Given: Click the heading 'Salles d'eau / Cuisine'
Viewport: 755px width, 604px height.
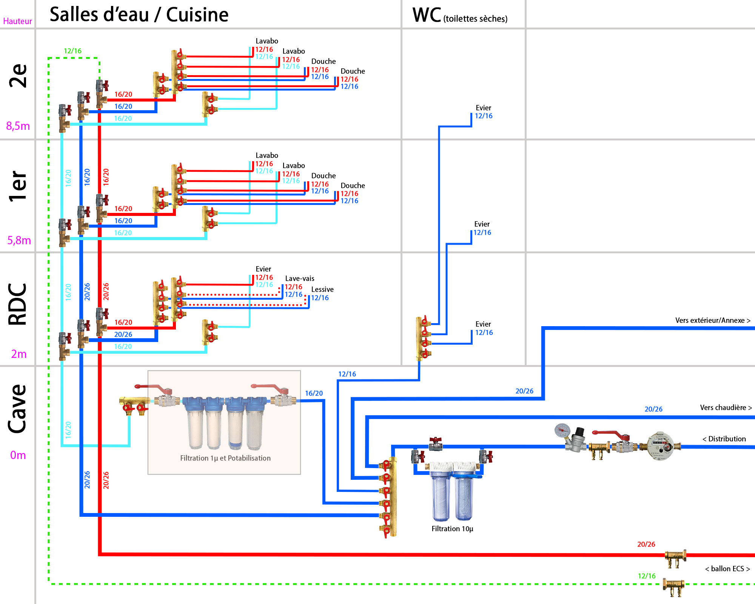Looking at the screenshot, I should point(139,15).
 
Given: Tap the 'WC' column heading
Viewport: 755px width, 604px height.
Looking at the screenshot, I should point(427,15).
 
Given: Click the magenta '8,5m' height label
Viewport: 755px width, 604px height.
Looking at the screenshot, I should point(18,126).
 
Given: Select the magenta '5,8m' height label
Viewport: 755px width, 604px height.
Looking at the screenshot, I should point(19,240).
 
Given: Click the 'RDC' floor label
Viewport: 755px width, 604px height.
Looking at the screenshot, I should point(17,304).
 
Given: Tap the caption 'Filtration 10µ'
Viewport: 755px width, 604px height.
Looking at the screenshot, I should point(452,529).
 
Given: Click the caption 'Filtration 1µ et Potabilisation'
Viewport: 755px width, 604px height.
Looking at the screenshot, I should point(225,458).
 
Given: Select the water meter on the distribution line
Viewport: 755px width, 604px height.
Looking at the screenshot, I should point(660,446).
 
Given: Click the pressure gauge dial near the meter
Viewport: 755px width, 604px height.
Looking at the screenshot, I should point(562,430).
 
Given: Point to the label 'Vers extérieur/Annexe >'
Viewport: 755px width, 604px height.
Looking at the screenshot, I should point(713,320).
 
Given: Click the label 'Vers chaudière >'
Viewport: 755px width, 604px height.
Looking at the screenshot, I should point(726,408).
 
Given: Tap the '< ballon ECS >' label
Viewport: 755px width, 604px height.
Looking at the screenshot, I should point(727,569).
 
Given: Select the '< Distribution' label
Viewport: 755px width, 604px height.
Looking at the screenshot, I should point(724,439).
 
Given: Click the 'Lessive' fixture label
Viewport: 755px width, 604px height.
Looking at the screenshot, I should point(322,290).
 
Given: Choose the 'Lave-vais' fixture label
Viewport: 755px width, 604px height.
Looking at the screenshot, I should point(300,279).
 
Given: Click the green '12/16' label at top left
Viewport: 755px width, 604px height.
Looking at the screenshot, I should point(72,51).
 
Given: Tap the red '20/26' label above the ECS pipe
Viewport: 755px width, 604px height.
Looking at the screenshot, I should point(646,544).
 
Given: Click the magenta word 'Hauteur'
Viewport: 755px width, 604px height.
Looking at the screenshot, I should point(17,22).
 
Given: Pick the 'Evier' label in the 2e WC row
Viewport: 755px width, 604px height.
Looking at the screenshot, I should point(483,108).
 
